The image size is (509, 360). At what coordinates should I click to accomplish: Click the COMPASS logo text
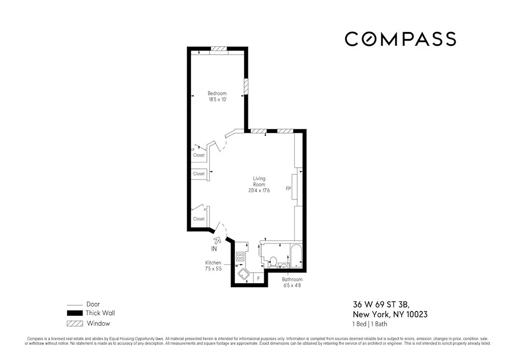(x=400, y=39)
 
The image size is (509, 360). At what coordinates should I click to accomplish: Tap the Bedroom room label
(x=217, y=96)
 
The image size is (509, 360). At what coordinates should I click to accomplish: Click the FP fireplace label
(x=288, y=189)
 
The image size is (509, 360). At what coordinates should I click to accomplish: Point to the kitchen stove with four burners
(x=240, y=257)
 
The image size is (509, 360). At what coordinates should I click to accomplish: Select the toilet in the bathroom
(x=272, y=261)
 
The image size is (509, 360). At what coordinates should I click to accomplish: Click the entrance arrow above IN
(x=218, y=241)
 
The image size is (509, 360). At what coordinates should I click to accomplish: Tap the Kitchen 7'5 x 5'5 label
(x=213, y=265)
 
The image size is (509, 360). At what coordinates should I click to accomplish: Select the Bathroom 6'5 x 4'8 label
(x=292, y=282)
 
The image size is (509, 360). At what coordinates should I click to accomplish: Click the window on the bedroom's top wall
(x=219, y=49)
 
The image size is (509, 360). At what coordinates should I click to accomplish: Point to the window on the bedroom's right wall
(x=246, y=86)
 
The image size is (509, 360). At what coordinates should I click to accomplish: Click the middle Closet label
(x=198, y=174)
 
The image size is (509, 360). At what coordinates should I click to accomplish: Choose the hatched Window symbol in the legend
(x=75, y=324)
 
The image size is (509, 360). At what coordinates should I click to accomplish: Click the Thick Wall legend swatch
(x=75, y=313)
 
